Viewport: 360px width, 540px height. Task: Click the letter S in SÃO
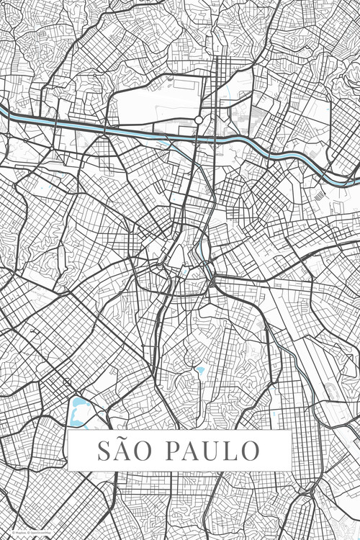[105, 451]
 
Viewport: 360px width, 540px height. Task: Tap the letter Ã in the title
[125, 451]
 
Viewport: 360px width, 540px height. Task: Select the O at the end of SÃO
[147, 451]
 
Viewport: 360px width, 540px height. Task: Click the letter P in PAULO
[174, 451]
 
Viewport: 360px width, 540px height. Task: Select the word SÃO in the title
[126, 451]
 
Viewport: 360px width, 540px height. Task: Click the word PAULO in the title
[212, 451]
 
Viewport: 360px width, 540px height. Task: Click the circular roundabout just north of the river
[198, 120]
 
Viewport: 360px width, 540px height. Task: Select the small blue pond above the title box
[200, 372]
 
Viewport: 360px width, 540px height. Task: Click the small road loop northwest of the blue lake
[67, 382]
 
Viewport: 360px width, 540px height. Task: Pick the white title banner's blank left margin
[81, 451]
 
